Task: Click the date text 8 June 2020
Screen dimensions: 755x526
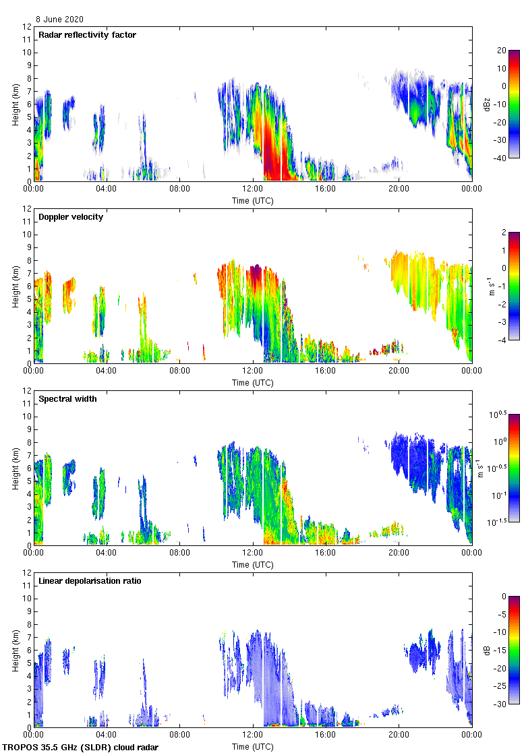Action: pyautogui.click(x=60, y=20)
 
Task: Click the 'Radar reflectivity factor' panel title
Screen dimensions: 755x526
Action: pyautogui.click(x=88, y=35)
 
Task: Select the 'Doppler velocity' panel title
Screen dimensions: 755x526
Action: pyautogui.click(x=71, y=217)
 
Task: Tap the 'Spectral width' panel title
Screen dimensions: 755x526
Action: pyautogui.click(x=68, y=399)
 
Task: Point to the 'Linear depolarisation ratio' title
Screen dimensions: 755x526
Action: pyautogui.click(x=90, y=581)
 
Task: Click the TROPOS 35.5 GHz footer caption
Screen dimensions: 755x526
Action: pyautogui.click(x=81, y=748)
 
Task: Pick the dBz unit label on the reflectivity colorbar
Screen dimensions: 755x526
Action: pyautogui.click(x=488, y=104)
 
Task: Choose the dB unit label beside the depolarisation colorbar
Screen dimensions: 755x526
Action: pyautogui.click(x=488, y=651)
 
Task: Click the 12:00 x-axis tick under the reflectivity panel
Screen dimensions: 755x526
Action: pyautogui.click(x=253, y=189)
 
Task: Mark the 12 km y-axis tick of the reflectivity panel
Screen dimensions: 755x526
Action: pyautogui.click(x=28, y=27)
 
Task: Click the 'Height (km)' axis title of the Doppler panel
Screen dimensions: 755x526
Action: pyautogui.click(x=15, y=286)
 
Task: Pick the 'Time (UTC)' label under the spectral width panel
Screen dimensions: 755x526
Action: pyautogui.click(x=253, y=564)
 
